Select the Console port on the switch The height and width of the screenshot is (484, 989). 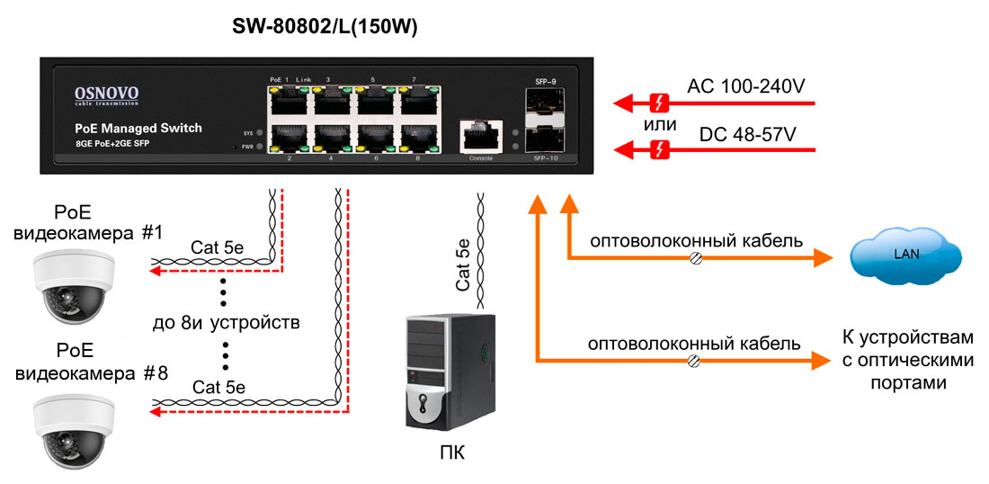475,137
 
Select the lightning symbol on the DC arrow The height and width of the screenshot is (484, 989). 661,149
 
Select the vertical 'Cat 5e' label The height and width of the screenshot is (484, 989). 463,264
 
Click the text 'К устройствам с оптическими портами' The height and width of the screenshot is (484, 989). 907,360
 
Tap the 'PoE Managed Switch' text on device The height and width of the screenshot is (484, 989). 138,129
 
